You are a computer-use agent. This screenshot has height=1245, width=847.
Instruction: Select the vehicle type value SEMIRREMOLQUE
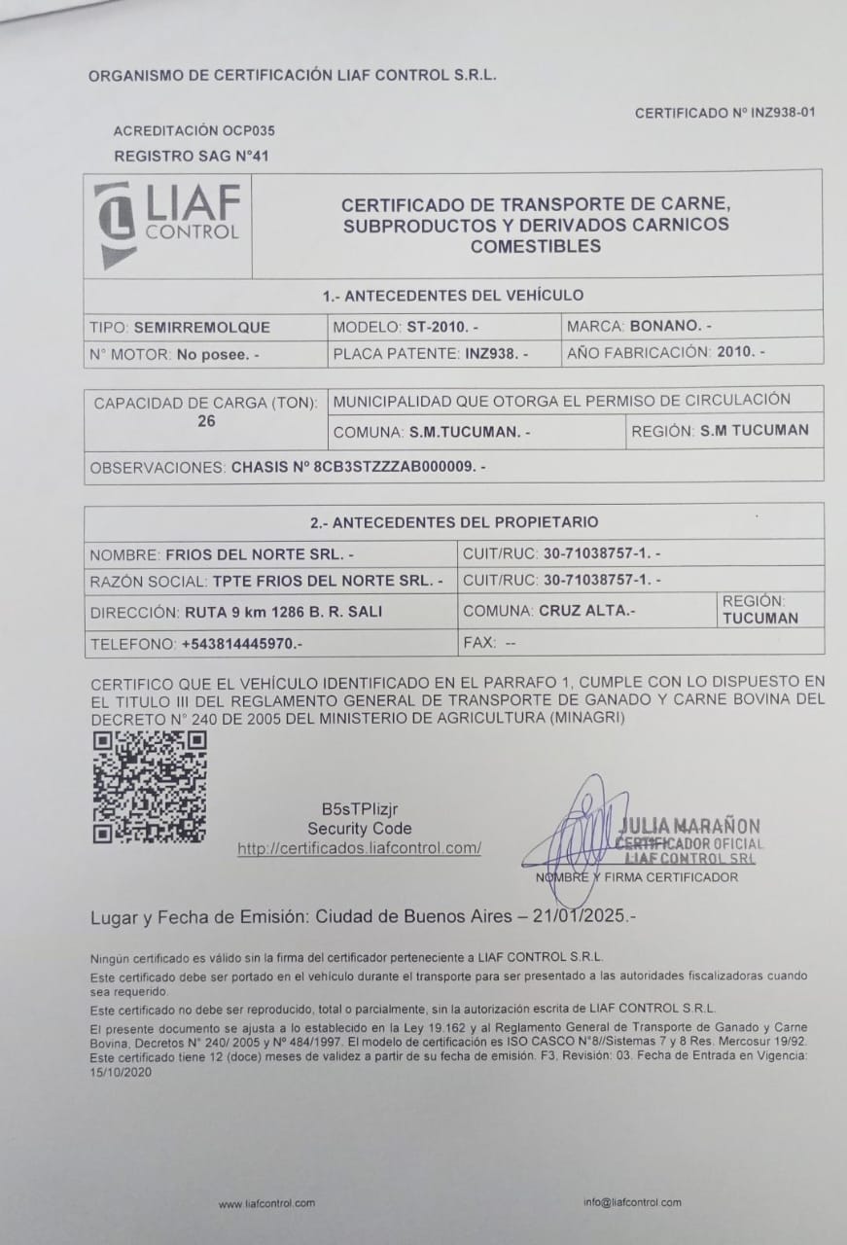tap(202, 327)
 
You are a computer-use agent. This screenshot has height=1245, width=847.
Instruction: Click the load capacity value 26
tap(206, 421)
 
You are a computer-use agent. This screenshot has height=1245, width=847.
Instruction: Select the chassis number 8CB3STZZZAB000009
tap(356, 467)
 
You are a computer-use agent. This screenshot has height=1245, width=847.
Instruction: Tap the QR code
tap(150, 787)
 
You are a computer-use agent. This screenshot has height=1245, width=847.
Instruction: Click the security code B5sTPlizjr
tap(360, 809)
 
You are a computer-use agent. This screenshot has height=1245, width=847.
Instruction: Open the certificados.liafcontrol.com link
tap(360, 848)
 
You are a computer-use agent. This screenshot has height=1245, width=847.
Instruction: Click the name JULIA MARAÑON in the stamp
tap(689, 826)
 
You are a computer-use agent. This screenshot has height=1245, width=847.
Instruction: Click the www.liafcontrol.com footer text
tap(266, 1203)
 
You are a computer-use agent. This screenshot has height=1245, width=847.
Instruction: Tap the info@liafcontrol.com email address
tap(632, 1202)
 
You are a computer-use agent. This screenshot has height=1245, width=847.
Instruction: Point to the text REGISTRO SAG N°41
tap(192, 155)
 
